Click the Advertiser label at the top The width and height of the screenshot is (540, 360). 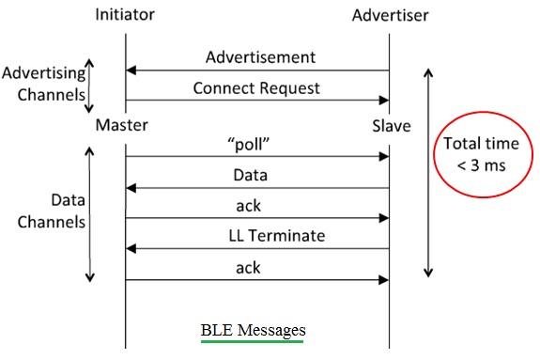pyautogui.click(x=389, y=16)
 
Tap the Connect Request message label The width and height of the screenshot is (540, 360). pyautogui.click(x=256, y=88)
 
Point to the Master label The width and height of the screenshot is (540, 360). pyautogui.click(x=121, y=125)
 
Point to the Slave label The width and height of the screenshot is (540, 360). pyautogui.click(x=391, y=125)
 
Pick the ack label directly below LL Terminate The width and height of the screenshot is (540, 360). pyautogui.click(x=249, y=268)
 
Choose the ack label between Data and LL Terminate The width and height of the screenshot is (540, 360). pyautogui.click(x=249, y=206)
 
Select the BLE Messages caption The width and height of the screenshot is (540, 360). pyautogui.click(x=253, y=330)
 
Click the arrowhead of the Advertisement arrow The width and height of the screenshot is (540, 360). pyautogui.click(x=131, y=70)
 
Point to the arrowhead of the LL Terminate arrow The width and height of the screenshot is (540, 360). pyautogui.click(x=131, y=249)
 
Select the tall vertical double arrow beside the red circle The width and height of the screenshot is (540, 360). pyautogui.click(x=428, y=172)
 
